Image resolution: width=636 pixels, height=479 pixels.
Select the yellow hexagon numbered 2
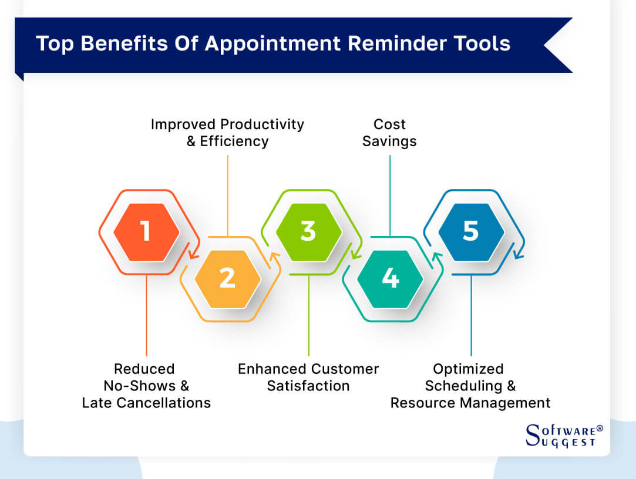coord(227,278)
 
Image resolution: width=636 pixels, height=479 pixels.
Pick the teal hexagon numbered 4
coord(390,278)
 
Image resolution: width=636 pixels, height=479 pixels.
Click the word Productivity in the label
coord(261,124)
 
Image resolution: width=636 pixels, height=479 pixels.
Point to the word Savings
coord(389,141)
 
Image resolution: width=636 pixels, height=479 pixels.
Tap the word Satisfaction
coord(308,386)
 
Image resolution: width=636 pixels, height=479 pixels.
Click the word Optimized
coord(468,369)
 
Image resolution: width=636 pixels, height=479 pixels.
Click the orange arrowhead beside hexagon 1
coord(193,254)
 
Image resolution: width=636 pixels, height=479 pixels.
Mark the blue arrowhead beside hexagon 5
coord(517,254)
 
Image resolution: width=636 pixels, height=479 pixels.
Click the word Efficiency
coord(235,141)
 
